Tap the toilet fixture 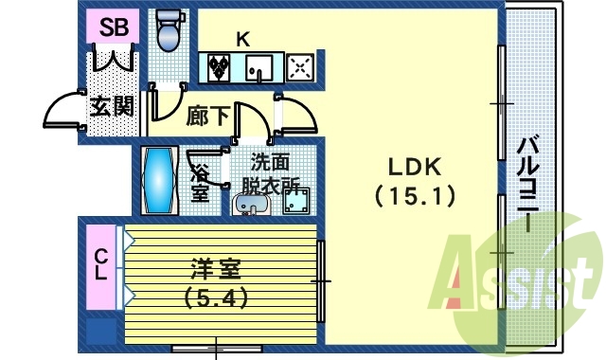click(x=169, y=30)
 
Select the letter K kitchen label click(x=242, y=40)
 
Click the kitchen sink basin click(x=258, y=68)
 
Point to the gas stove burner click(x=301, y=67)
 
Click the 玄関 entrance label click(x=111, y=107)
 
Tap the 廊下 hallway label click(x=206, y=116)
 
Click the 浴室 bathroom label click(x=200, y=183)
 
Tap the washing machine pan click(x=300, y=201)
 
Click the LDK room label click(x=414, y=168)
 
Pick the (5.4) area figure click(x=217, y=298)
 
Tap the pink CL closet click(x=100, y=266)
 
